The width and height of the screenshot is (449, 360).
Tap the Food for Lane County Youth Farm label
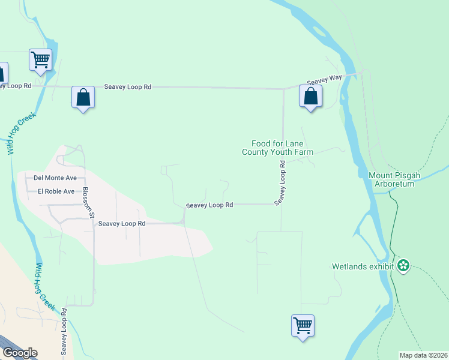[278, 148]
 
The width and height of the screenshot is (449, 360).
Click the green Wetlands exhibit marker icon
[403, 265]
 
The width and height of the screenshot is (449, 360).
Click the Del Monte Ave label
[55, 178]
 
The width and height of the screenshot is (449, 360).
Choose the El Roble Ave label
[56, 191]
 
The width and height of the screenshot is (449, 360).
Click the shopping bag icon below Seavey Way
[310, 97]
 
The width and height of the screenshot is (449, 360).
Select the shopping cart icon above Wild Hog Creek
[40, 60]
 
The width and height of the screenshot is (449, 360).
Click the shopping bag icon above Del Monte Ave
[83, 97]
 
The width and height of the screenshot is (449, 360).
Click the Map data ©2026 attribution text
[424, 355]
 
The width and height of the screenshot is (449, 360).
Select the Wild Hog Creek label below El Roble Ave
[46, 287]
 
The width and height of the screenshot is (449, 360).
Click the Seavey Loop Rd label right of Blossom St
[122, 223]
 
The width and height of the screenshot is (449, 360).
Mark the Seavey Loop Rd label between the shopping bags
[127, 87]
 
